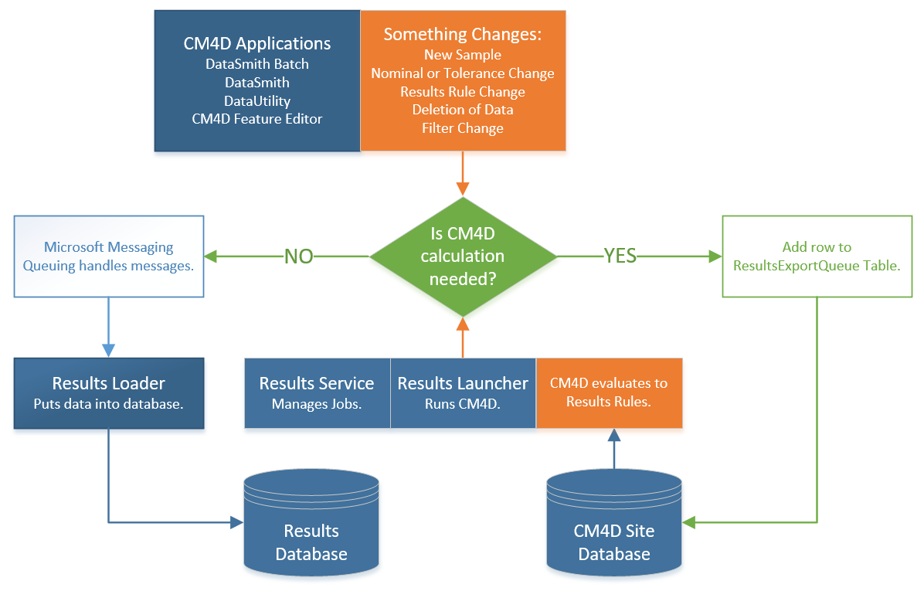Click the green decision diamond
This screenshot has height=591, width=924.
[x=463, y=256]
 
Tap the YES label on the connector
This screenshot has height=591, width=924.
[x=620, y=256]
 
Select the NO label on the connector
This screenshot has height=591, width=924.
[x=299, y=256]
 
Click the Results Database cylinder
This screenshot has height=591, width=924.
[x=311, y=522]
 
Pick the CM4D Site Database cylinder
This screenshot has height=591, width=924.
[x=614, y=522]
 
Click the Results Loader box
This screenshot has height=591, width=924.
[x=109, y=393]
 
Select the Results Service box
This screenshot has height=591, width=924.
[x=317, y=393]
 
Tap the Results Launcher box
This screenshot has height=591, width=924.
[x=464, y=393]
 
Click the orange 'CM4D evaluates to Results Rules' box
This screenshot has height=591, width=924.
[x=610, y=393]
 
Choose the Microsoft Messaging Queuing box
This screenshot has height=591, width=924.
[x=109, y=256]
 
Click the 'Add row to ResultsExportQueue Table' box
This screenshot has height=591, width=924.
[x=817, y=256]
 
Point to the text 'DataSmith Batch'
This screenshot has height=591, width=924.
[x=257, y=63]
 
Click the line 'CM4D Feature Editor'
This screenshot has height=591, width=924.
[x=257, y=119]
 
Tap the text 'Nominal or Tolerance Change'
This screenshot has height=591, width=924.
[x=463, y=73]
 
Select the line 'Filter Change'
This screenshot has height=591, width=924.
[x=463, y=128]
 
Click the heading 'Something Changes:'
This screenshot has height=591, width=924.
[x=463, y=34]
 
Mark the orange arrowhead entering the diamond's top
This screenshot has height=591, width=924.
[x=463, y=189]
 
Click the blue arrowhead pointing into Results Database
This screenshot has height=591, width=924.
[x=237, y=522]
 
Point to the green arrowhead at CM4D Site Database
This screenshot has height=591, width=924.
[x=689, y=522]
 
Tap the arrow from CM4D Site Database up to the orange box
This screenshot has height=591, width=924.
[x=614, y=449]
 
